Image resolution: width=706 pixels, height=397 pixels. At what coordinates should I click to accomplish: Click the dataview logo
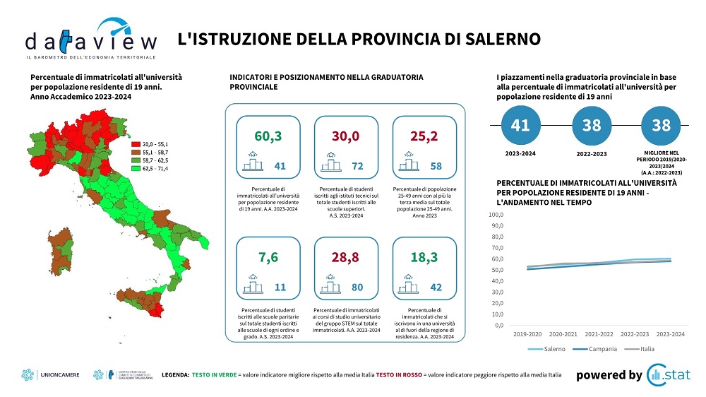90,40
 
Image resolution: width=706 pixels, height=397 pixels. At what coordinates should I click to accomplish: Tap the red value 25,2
424,135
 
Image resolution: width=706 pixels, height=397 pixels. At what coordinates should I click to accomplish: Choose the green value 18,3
424,258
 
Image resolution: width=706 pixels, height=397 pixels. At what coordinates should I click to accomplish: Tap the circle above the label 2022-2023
591,125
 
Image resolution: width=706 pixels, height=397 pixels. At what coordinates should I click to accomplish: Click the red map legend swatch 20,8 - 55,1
136,143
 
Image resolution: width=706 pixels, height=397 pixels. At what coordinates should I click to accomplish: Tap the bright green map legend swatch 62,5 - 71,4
136,169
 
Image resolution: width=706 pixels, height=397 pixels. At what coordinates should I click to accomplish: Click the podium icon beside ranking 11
253,286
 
